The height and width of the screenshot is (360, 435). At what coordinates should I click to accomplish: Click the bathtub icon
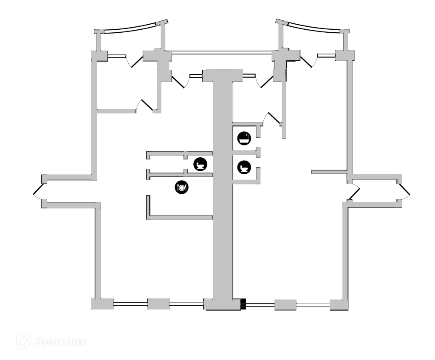pyautogui.click(x=244, y=138)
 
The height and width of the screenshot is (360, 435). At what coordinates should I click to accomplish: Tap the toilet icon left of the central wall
pyautogui.click(x=200, y=164)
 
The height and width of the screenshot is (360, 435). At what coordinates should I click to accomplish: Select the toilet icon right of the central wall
pyautogui.click(x=244, y=167)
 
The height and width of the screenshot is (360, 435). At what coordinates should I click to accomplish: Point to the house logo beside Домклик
pyautogui.click(x=24, y=341)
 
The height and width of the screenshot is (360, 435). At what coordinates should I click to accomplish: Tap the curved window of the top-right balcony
pyautogui.click(x=309, y=26)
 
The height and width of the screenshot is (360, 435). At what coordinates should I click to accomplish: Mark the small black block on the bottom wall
pyautogui.click(x=243, y=304)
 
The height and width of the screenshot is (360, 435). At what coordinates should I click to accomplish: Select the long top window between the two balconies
pyautogui.click(x=221, y=53)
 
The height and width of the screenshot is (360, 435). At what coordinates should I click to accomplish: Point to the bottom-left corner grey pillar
pyautogui.click(x=102, y=304)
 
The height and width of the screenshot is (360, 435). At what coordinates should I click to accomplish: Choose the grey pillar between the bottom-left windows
pyautogui.click(x=158, y=304)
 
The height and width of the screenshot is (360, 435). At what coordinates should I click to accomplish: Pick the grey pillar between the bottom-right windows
pyautogui.click(x=285, y=305)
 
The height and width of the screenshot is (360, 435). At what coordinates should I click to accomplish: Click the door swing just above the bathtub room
pyautogui.click(x=270, y=118)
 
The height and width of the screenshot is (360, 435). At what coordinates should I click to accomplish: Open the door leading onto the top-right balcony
pyautogui.click(x=309, y=61)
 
